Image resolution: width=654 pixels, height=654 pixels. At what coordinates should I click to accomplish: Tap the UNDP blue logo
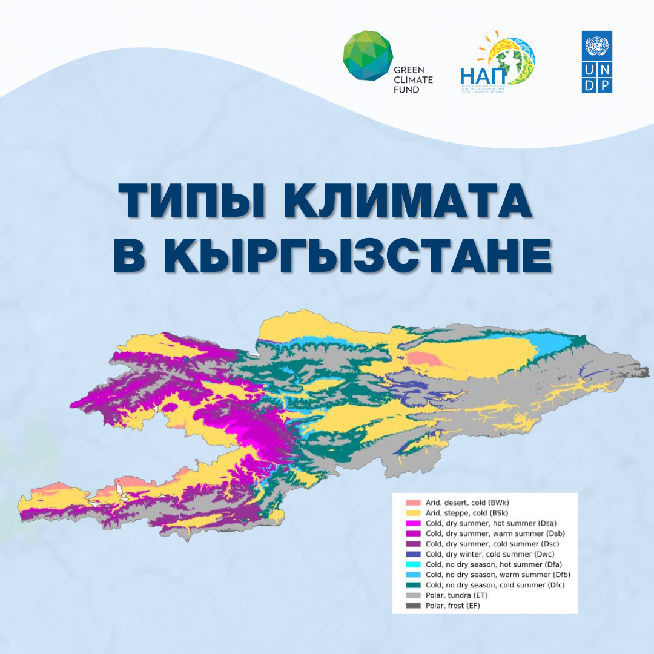click(x=596, y=62)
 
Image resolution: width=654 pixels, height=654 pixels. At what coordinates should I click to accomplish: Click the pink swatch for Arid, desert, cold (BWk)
click(x=412, y=503)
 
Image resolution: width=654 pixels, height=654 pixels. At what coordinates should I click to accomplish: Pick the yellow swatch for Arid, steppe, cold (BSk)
click(x=412, y=513)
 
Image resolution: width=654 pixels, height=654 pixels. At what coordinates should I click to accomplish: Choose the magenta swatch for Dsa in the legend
click(x=412, y=523)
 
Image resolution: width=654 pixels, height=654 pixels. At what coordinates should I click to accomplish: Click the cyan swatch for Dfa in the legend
click(x=412, y=564)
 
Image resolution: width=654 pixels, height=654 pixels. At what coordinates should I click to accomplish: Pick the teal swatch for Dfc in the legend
click(x=412, y=585)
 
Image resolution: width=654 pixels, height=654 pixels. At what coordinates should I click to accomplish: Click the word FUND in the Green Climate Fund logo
click(x=406, y=89)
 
